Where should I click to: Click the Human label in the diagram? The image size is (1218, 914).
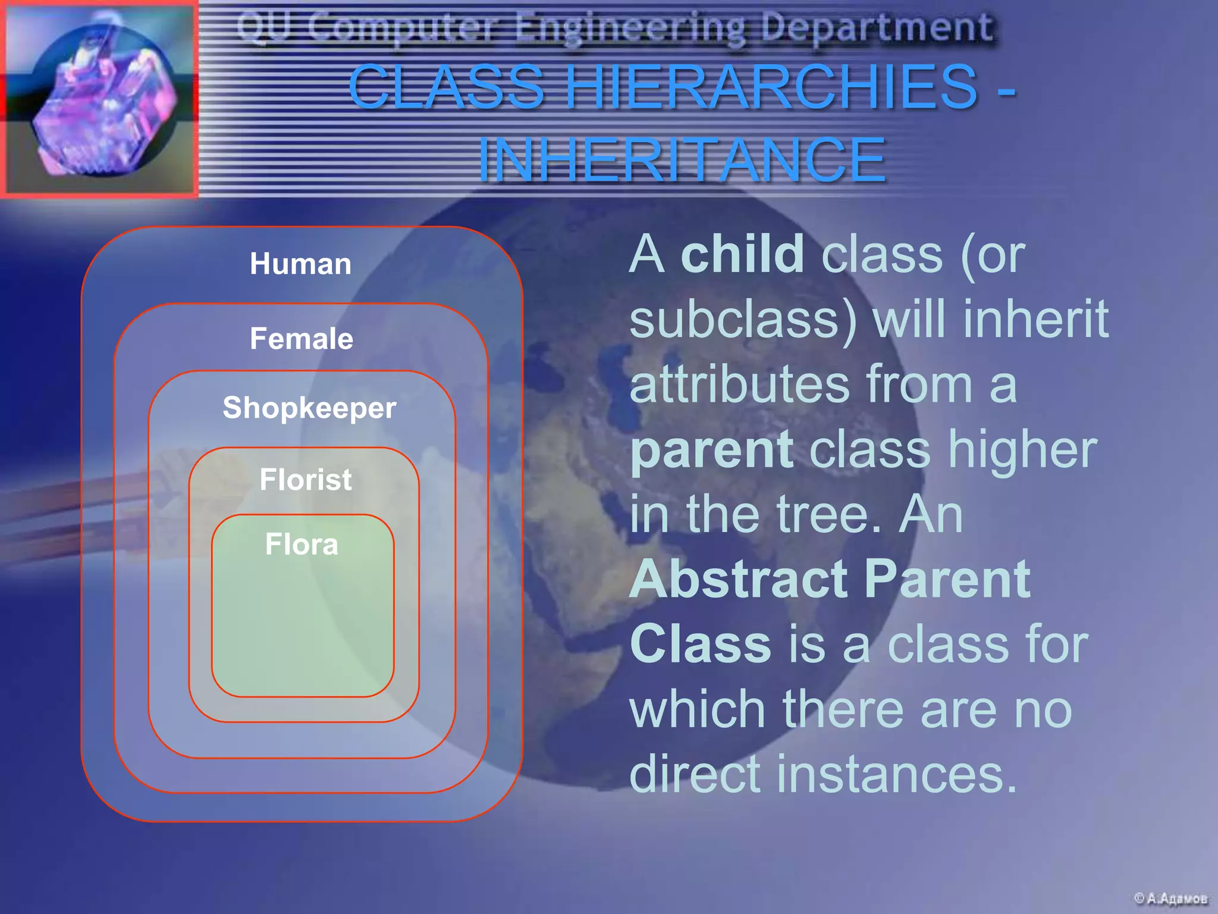coord(300,264)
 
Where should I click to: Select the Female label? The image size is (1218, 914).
coord(302,339)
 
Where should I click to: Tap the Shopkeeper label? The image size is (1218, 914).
coord(309,408)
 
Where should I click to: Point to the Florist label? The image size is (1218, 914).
coord(306,480)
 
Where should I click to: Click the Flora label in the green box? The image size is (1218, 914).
coord(302,544)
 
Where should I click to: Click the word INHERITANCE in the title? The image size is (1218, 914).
coord(682,159)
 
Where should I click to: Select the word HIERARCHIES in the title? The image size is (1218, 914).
coord(771,87)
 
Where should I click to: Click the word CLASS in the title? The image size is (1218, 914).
coord(446,87)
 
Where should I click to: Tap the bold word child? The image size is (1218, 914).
coord(742,255)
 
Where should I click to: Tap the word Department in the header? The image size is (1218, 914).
coord(877,27)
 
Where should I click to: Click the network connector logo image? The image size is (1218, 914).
coord(99,98)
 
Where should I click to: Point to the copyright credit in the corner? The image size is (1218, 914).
coord(1170,898)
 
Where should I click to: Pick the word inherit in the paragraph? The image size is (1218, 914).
coord(1035,320)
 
